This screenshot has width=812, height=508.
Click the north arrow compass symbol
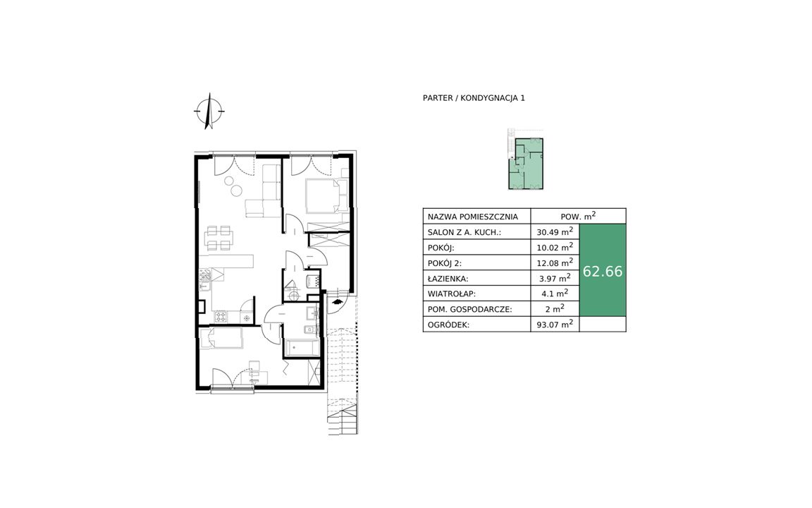(209, 111)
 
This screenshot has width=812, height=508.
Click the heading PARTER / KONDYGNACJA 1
(474, 98)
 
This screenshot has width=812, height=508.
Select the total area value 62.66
(603, 271)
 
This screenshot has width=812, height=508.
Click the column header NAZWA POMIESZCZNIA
(473, 217)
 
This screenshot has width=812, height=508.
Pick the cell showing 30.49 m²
(555, 231)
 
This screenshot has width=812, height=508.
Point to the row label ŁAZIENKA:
(448, 279)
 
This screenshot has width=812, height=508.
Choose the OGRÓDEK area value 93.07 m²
(555, 325)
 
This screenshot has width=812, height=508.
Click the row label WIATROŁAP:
(452, 294)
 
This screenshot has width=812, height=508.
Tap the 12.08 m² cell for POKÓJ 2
(555, 262)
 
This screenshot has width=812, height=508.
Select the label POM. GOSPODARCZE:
(469, 310)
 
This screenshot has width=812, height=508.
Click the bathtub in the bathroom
(302, 348)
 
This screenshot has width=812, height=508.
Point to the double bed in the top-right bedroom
(326, 196)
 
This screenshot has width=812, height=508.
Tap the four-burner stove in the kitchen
(221, 315)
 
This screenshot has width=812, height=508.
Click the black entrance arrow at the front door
(337, 300)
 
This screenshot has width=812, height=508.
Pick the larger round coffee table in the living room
(235, 190)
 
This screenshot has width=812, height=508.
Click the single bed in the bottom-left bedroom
(221, 339)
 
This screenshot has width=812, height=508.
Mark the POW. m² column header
(578, 216)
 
